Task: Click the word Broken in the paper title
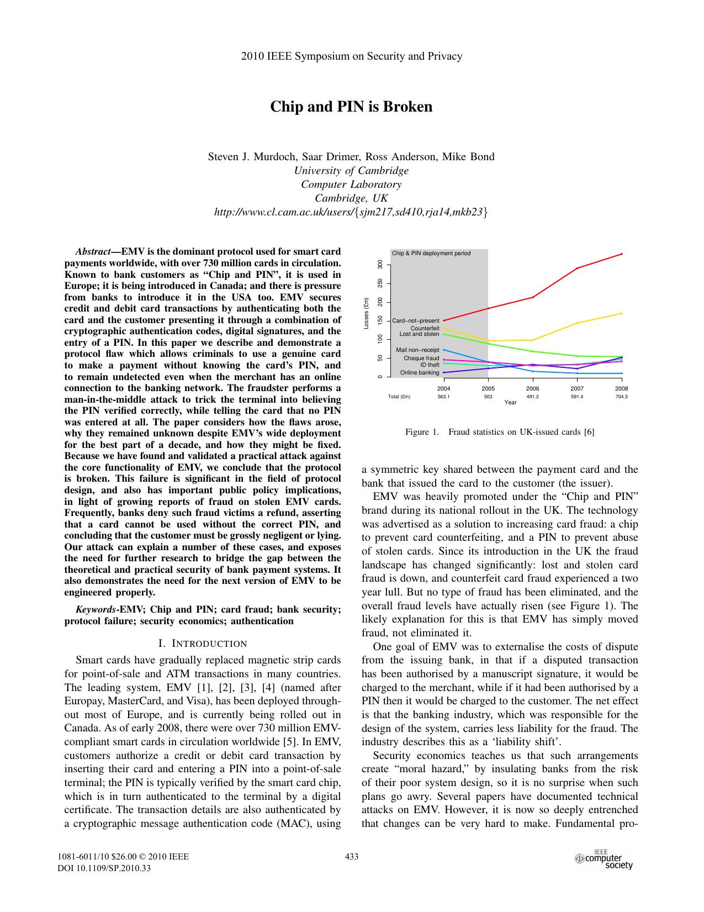click(x=408, y=107)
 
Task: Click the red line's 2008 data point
click(x=622, y=254)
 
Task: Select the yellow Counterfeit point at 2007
click(x=577, y=323)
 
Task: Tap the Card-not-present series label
click(x=415, y=321)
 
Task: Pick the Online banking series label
click(x=420, y=373)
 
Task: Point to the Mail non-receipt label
click(x=417, y=350)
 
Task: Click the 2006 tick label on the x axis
click(x=533, y=388)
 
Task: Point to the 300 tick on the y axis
click(x=380, y=265)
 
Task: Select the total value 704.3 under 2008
click(x=622, y=397)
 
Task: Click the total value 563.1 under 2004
click(x=444, y=397)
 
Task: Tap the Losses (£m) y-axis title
click(x=366, y=314)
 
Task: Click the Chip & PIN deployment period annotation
click(x=431, y=254)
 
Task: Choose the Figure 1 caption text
click(x=500, y=432)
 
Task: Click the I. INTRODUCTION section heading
click(x=202, y=644)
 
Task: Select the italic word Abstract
click(x=93, y=251)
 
